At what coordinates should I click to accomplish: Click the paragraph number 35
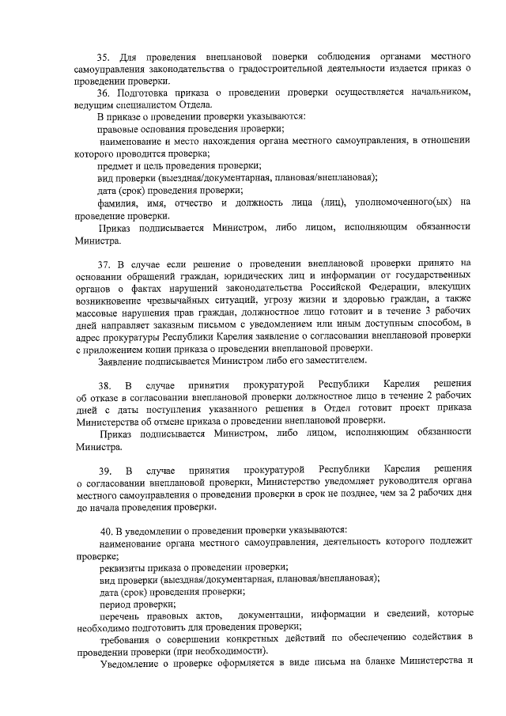[104, 58]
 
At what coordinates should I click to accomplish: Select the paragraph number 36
[104, 93]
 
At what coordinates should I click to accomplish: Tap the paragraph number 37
[104, 263]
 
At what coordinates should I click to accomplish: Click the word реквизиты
[123, 566]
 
